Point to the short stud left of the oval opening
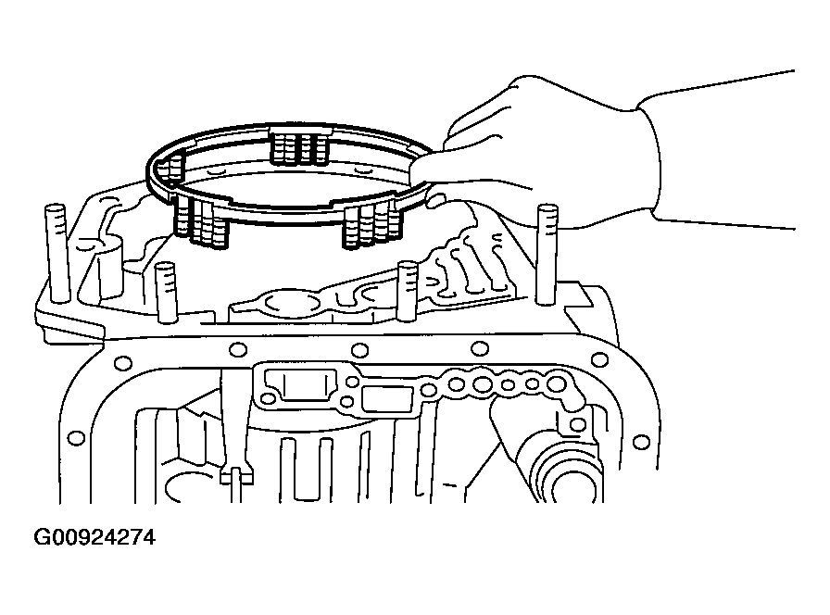pyautogui.click(x=166, y=291)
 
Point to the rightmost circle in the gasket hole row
pyautogui.click(x=556, y=383)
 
